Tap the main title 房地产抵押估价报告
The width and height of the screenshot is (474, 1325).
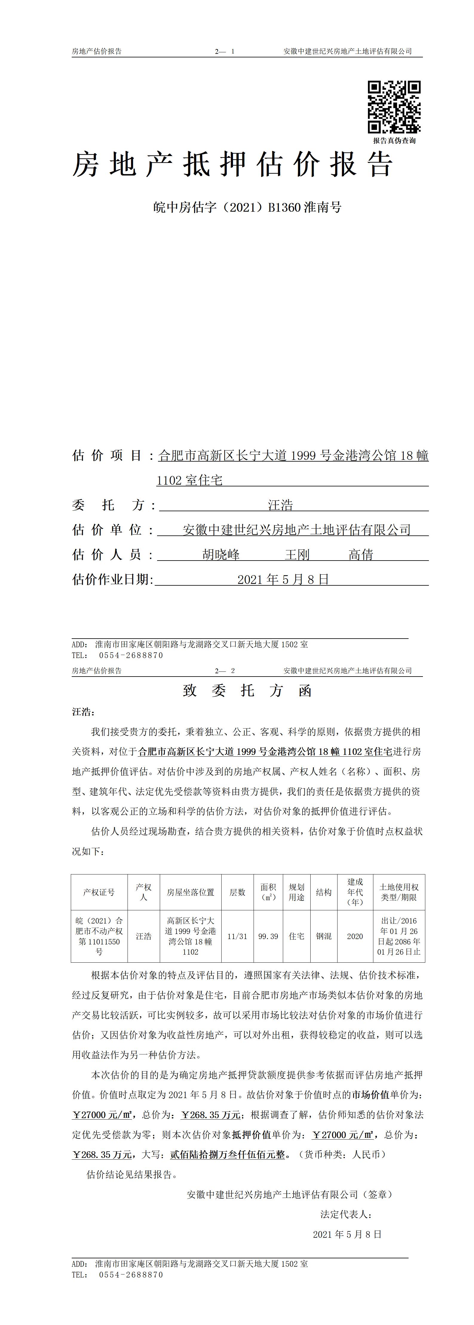(232, 165)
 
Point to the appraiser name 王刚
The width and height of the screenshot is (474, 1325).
(297, 555)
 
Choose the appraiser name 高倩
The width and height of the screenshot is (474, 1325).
(361, 555)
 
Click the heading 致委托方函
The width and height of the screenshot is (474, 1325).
(247, 691)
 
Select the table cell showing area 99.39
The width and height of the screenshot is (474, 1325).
(268, 936)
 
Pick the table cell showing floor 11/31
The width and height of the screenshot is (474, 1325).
(237, 936)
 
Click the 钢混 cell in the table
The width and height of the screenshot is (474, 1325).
(323, 936)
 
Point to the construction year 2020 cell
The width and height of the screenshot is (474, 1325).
(355, 936)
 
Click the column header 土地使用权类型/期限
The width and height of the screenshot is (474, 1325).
(399, 892)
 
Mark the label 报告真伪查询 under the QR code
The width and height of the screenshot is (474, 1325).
(394, 141)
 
